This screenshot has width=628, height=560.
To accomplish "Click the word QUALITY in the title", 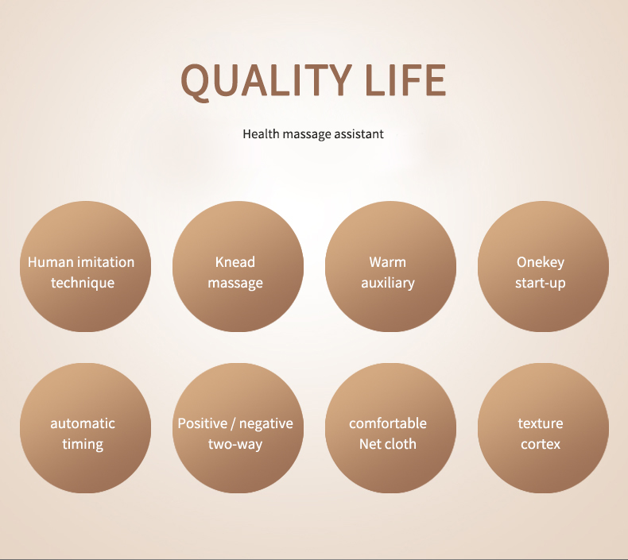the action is (266, 80).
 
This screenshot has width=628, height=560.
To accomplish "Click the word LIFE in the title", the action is (405, 80).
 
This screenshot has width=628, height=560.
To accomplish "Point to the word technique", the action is (83, 284).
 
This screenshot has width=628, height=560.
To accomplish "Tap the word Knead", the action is (235, 262).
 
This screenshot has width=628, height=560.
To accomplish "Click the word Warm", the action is (387, 262).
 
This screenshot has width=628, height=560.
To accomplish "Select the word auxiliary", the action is (388, 284).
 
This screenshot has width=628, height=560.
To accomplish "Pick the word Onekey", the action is (541, 263).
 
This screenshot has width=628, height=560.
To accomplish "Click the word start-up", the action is (541, 284).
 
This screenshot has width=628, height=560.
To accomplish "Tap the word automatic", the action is (83, 423).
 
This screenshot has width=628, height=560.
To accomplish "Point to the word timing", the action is (83, 445).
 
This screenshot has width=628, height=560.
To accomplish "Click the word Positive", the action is (202, 423).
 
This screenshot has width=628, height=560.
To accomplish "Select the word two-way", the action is (235, 444).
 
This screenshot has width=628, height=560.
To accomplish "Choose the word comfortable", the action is (388, 423).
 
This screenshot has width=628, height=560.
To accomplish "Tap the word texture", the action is (541, 423).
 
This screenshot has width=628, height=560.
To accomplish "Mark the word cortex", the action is (541, 444).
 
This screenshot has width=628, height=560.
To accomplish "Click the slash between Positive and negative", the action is (233, 423).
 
